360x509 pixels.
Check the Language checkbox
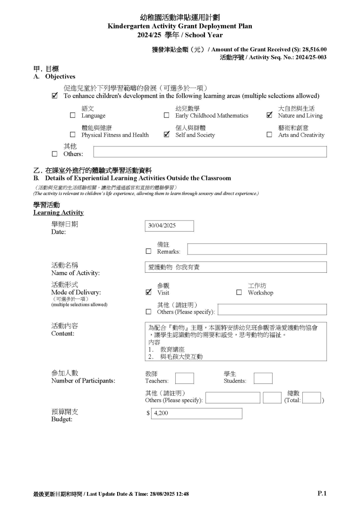pos(73,115)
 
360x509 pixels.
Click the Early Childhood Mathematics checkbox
pos(166,115)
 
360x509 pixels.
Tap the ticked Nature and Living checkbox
pos(269,115)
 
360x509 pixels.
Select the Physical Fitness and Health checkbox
pos(73,135)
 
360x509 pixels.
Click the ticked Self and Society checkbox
pos(166,135)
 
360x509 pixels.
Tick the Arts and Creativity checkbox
pos(269,135)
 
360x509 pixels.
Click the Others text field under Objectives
pos(210,152)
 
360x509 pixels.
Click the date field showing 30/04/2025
pos(169,226)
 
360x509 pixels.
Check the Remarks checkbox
pos(148,251)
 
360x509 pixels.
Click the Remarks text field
pos(257,249)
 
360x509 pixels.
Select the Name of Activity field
pos(236,267)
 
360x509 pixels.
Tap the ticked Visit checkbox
pos(148,292)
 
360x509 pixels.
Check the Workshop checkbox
pos(239,292)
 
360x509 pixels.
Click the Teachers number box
pos(184,378)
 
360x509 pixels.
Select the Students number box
pos(263,378)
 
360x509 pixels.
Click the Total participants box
pos(311,398)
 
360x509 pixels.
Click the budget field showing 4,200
pos(196,414)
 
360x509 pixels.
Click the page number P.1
pos(322,493)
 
